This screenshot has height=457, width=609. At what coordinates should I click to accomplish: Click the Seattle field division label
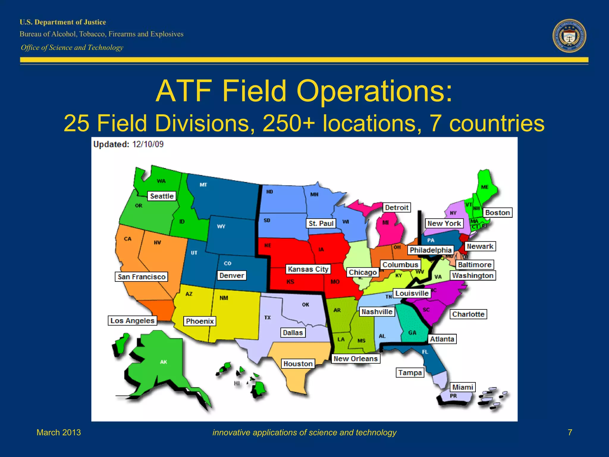point(162,196)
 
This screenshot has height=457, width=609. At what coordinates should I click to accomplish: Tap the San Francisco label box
point(141,277)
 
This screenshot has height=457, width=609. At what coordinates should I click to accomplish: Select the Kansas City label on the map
point(308,269)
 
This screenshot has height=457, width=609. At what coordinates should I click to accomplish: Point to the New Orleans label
point(356,359)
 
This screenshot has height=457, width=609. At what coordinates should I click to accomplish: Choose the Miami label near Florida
point(463,387)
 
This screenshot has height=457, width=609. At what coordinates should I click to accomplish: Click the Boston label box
point(497,213)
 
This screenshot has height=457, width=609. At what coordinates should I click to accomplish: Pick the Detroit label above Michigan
point(397,207)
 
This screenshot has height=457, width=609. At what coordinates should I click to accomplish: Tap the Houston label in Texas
point(298,364)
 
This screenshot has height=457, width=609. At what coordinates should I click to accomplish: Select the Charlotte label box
point(468,314)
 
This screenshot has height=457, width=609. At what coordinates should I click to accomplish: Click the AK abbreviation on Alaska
point(164,362)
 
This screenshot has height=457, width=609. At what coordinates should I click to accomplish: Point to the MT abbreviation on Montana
point(203,185)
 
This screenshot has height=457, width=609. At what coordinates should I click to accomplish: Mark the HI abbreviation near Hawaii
point(237,383)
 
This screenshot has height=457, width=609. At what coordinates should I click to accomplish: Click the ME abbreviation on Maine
point(485,187)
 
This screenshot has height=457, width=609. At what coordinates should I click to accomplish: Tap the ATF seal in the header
point(569,36)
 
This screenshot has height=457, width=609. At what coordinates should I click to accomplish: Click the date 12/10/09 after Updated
point(148,144)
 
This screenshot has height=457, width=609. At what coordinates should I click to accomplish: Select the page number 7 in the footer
point(570,432)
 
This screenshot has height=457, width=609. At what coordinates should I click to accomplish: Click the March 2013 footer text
point(59,432)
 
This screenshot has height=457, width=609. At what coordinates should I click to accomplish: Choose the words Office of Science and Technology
point(72,48)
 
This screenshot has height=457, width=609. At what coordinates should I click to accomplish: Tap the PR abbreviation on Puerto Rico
point(453,396)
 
